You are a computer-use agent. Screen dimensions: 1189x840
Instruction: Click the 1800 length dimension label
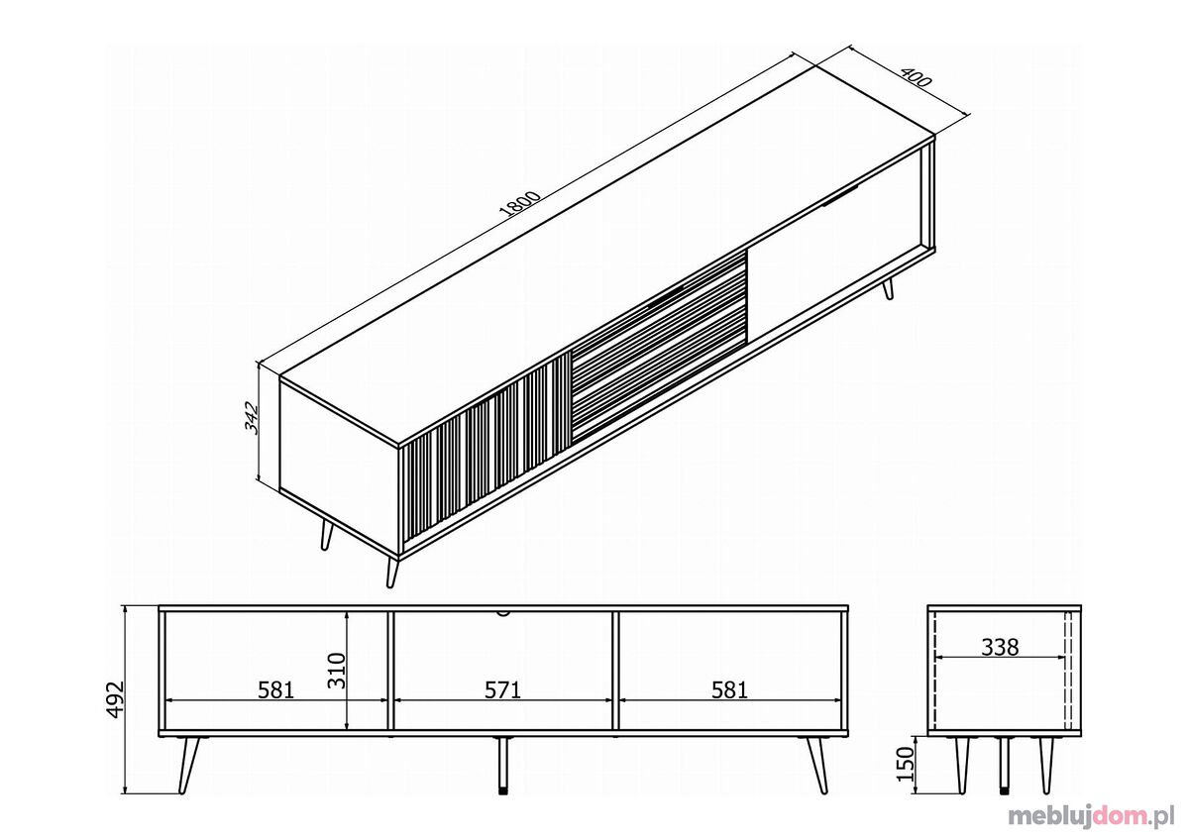pyautogui.click(x=520, y=203)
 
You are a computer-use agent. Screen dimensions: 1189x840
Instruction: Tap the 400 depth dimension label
pyautogui.click(x=917, y=77)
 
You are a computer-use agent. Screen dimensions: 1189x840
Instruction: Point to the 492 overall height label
pyautogui.click(x=115, y=699)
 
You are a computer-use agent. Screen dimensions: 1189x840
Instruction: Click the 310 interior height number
pyautogui.click(x=337, y=671)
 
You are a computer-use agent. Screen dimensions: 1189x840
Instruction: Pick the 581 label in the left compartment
pyautogui.click(x=276, y=690)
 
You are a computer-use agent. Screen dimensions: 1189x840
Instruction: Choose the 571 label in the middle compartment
pyautogui.click(x=502, y=690)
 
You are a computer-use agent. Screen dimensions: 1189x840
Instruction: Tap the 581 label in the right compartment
pyautogui.click(x=729, y=690)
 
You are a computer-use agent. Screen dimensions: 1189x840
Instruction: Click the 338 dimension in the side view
pyautogui.click(x=1000, y=648)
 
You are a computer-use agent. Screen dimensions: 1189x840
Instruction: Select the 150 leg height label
pyautogui.click(x=906, y=764)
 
